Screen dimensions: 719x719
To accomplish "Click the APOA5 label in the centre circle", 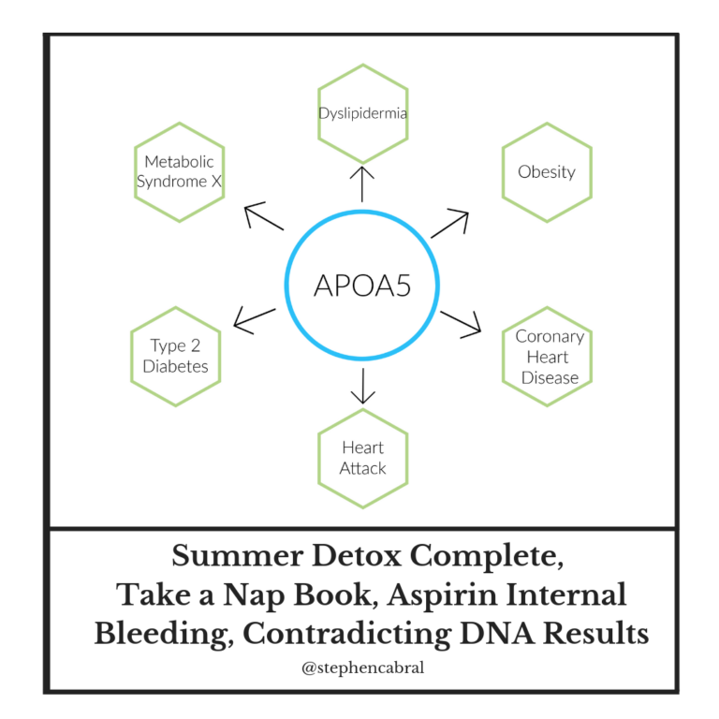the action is [x=362, y=286].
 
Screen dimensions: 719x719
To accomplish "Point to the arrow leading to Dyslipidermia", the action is [x=362, y=183].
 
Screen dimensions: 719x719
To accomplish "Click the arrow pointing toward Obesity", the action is [x=449, y=224].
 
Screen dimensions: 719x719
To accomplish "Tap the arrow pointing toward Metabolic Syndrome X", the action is [x=264, y=215].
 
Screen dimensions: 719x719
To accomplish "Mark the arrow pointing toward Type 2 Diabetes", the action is [x=255, y=320].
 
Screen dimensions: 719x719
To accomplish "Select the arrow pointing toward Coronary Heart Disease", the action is [x=461, y=325].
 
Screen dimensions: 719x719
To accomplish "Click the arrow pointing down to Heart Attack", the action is [x=362, y=386].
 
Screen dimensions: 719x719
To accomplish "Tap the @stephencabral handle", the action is [x=362, y=668].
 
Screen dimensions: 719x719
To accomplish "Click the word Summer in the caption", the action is [x=238, y=555].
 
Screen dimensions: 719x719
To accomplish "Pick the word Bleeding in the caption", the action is [x=164, y=635].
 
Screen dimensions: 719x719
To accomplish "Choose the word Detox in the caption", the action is [x=357, y=555].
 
